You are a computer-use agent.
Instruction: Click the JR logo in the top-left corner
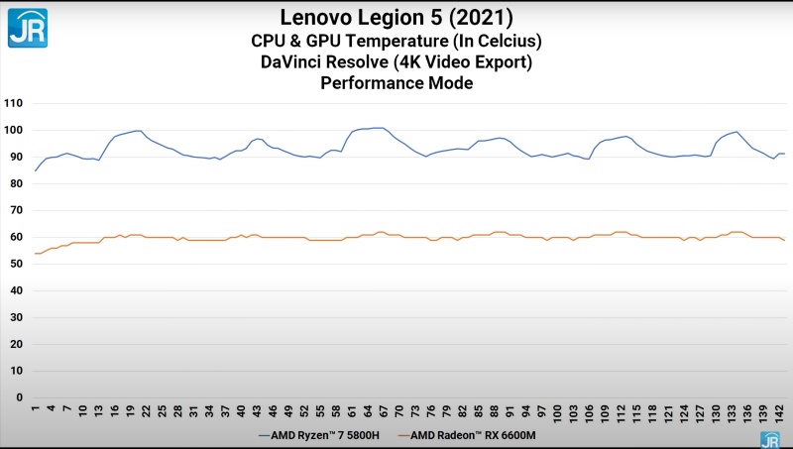[28, 28]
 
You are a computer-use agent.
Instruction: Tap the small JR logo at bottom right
[769, 439]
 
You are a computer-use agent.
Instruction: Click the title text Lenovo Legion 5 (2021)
[396, 17]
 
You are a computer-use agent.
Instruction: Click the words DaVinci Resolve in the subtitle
[326, 62]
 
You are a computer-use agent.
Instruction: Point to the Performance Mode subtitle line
[396, 84]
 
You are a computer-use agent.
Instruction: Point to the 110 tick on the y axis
[13, 103]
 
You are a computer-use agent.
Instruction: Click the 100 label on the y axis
[13, 130]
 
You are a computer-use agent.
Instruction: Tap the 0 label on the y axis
[19, 397]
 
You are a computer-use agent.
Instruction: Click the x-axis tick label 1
[36, 409]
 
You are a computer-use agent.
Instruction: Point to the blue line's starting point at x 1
[36, 170]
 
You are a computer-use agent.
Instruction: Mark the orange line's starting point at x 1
[36, 254]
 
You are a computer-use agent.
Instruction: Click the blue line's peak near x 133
[735, 132]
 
